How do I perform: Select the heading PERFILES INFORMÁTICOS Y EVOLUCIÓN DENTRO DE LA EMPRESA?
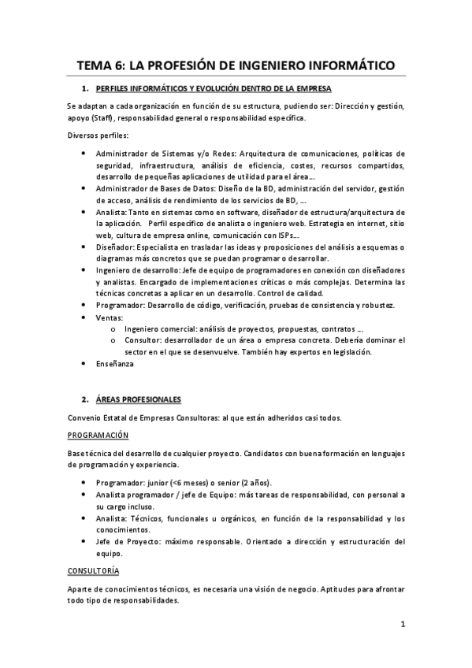coord(213,88)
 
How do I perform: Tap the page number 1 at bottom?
coord(402,625)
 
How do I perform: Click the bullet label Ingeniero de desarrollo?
coord(137,270)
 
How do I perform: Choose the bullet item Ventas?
coord(111,317)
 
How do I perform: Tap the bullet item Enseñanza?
coord(115,364)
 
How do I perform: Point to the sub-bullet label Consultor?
coord(142,340)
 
